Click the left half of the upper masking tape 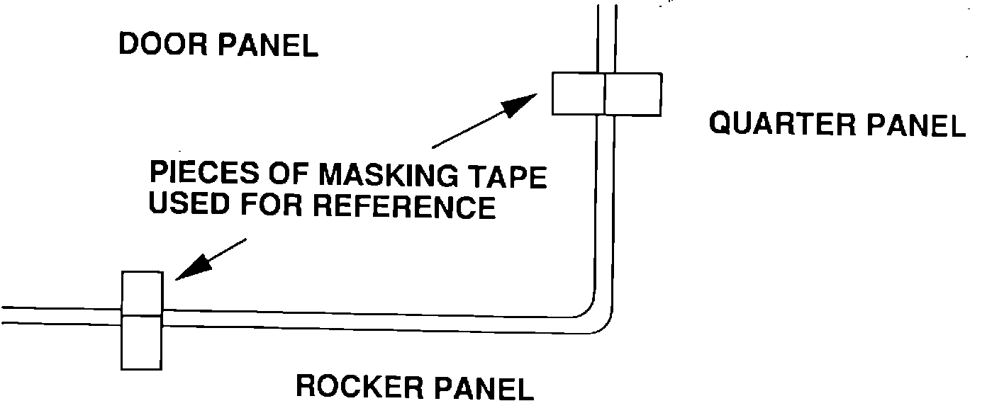[578, 94]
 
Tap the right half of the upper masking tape [633, 94]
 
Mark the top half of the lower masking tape [143, 293]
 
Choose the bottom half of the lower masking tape [142, 342]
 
